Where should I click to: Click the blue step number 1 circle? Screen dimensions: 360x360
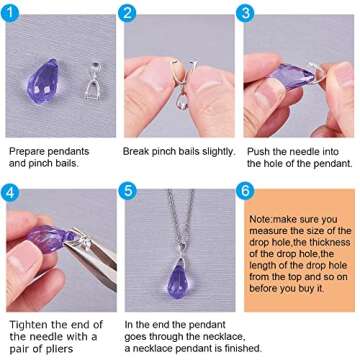tap(10, 14)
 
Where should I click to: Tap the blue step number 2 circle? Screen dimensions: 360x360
tap(127, 14)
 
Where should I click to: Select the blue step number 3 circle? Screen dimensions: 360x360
tap(245, 14)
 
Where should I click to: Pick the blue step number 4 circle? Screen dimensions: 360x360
tap(10, 192)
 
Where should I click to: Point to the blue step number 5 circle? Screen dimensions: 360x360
tap(128, 192)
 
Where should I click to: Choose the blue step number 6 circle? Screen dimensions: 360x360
tap(245, 192)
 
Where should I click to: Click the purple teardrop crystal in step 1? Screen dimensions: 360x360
tap(43, 81)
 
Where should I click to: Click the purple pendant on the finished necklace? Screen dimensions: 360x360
tap(179, 280)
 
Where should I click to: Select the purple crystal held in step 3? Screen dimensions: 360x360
tap(291, 75)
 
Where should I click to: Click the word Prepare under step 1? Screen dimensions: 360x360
tap(27, 152)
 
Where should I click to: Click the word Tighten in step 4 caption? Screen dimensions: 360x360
tap(29, 325)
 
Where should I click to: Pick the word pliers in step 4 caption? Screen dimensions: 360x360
tap(59, 349)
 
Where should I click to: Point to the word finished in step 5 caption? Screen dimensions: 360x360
tap(242, 349)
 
